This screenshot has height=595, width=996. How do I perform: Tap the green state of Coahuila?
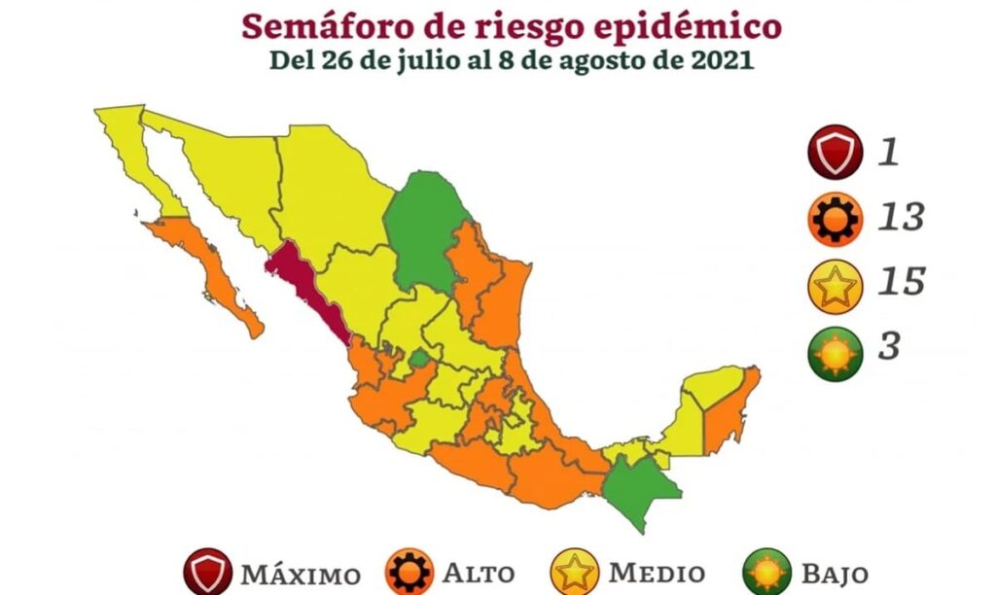(425, 228)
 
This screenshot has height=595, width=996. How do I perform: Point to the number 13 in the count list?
(900, 218)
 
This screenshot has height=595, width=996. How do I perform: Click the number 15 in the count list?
(900, 283)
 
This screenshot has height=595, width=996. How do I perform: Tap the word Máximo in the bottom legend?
(300, 574)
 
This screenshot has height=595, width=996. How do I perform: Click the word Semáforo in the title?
(327, 24)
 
